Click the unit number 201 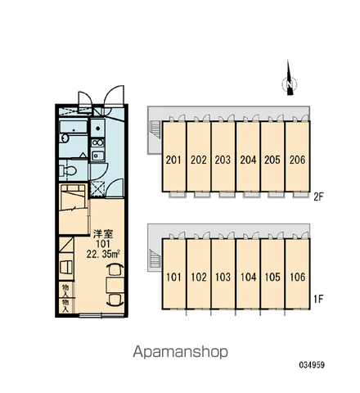(x=173, y=160)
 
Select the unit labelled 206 (x=297, y=160)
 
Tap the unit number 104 (x=248, y=277)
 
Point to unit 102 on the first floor (x=199, y=277)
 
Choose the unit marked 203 (x=223, y=160)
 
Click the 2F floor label (x=318, y=196)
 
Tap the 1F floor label (x=318, y=299)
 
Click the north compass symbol (x=290, y=79)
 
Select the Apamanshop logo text (x=180, y=352)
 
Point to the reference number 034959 (x=312, y=365)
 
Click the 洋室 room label (x=103, y=234)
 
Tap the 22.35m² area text (x=104, y=254)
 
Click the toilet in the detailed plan (x=67, y=171)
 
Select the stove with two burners (x=97, y=142)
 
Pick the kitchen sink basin (x=97, y=156)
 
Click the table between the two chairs (x=115, y=285)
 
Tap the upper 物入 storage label (x=65, y=291)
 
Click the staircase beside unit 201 (x=155, y=129)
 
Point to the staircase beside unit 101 (x=155, y=260)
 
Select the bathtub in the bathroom (x=74, y=127)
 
